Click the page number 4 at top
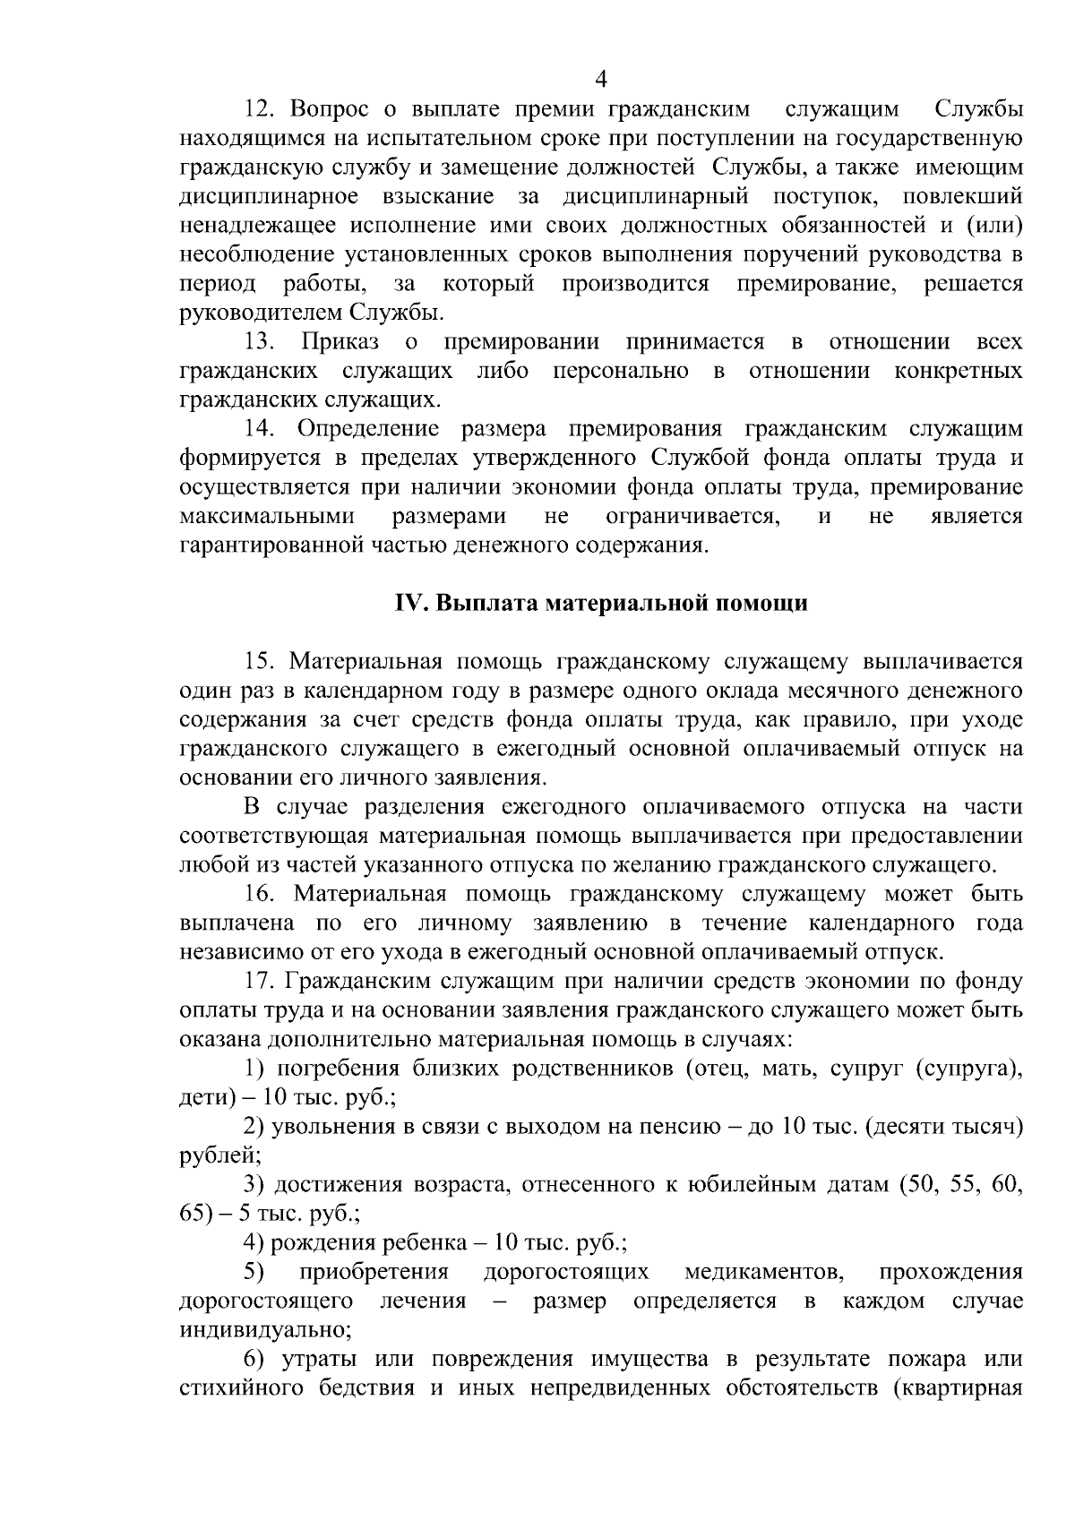[x=601, y=80]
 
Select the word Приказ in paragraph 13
[x=340, y=341]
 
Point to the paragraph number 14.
[x=260, y=429]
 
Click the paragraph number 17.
[x=260, y=982]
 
